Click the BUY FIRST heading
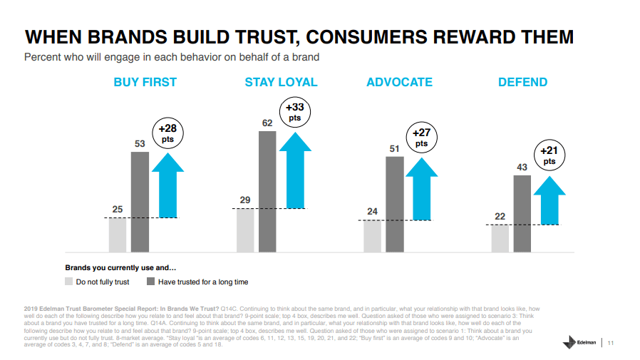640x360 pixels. click(x=145, y=82)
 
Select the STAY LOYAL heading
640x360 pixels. click(x=281, y=82)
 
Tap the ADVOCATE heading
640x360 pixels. click(x=399, y=82)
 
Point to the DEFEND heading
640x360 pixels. click(x=522, y=82)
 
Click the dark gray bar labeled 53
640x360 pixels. click(x=140, y=201)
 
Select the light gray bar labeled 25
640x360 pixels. click(x=118, y=235)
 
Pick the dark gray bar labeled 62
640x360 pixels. click(x=267, y=191)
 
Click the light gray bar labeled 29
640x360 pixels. click(x=245, y=230)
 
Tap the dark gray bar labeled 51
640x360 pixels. click(x=395, y=204)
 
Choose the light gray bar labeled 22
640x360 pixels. click(x=500, y=238)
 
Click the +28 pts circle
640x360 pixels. click(x=167, y=133)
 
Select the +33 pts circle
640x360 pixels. click(x=294, y=112)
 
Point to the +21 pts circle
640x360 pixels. click(x=549, y=155)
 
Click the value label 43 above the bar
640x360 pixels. click(x=522, y=167)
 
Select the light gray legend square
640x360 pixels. click(x=69, y=282)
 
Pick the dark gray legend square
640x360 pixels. click(x=151, y=282)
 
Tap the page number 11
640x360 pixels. click(x=611, y=343)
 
